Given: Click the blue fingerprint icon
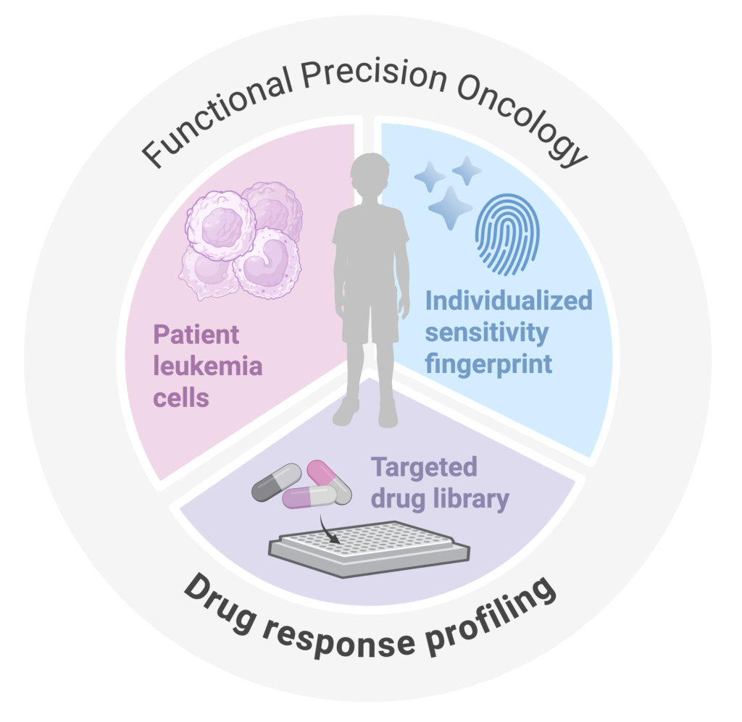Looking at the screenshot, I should (x=507, y=233).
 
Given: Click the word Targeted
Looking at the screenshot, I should (x=424, y=467).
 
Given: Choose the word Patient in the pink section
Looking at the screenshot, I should (x=196, y=335).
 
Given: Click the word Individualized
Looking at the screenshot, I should (x=509, y=301).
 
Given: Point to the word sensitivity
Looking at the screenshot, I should (x=486, y=332).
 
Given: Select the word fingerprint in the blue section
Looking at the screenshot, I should (x=488, y=363).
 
